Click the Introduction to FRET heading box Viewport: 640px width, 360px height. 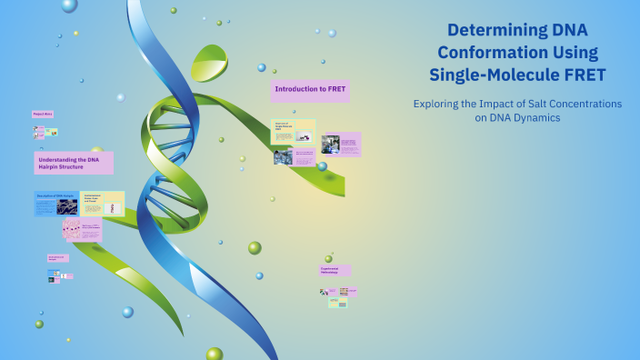coord(310,91)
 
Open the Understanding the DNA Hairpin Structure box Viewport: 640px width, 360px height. coord(74,163)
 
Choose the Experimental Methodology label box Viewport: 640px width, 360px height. coord(335,270)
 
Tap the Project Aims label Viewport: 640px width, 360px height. coord(43,114)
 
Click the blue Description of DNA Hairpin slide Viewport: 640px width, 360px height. coord(56,204)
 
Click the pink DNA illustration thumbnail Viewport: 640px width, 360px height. coord(72,229)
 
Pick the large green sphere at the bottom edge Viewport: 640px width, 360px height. coord(215,354)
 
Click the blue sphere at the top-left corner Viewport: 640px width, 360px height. coord(69,5)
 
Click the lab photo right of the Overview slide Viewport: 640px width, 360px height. coord(330,144)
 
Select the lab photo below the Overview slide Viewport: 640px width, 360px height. coord(283,157)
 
